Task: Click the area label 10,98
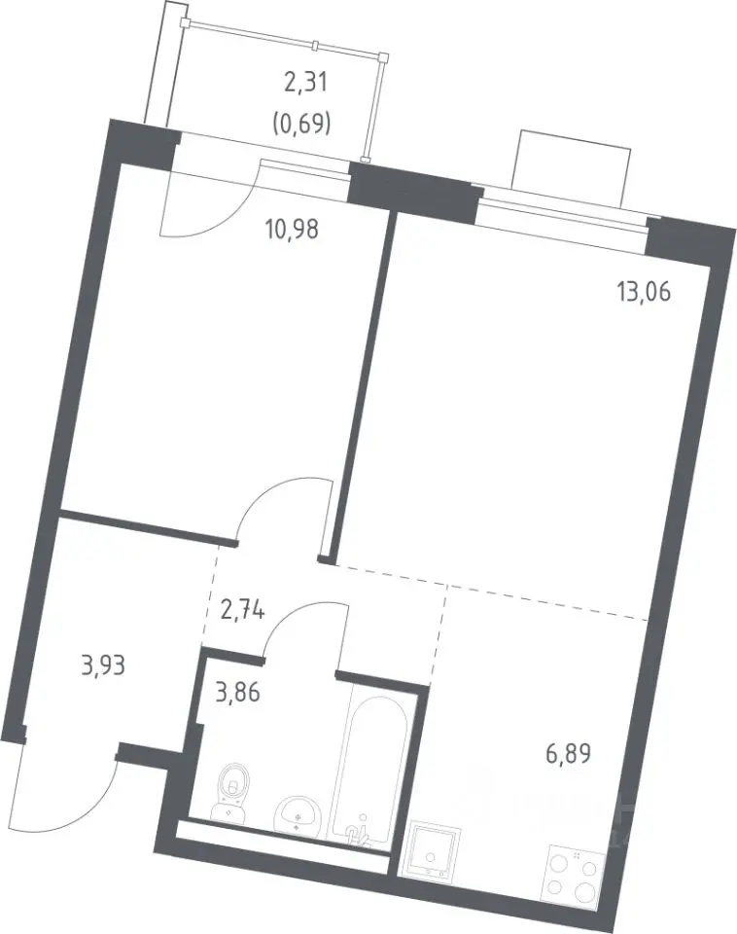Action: point(293,228)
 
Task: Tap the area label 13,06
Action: point(644,292)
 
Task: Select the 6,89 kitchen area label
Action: point(568,755)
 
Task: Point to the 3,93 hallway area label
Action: point(104,665)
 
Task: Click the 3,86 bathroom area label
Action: point(237,693)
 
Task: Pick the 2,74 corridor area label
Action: point(242,611)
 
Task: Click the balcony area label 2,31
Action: point(305,82)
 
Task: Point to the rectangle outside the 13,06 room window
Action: point(574,169)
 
